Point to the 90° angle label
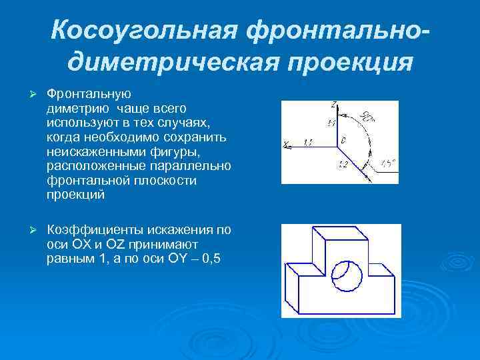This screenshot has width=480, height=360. (x=367, y=117)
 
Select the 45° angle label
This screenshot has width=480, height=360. (x=387, y=163)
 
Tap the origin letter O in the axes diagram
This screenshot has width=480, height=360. (x=343, y=141)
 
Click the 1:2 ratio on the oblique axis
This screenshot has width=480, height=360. (x=344, y=164)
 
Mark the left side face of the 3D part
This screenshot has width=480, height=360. (x=292, y=287)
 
